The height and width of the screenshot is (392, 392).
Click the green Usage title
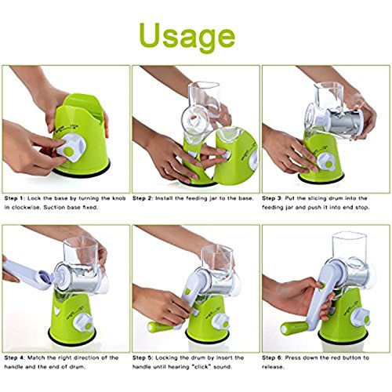(187, 37)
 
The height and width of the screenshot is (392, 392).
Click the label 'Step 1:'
(14, 198)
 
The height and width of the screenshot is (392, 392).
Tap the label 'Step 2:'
(143, 198)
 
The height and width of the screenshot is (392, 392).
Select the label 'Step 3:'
(272, 198)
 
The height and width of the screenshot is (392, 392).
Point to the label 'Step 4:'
(14, 358)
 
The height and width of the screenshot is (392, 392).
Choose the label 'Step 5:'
(143, 358)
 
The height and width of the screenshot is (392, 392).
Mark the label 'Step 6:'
(272, 358)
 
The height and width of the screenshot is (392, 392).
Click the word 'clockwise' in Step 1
(26, 208)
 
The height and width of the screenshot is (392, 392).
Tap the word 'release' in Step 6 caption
(273, 367)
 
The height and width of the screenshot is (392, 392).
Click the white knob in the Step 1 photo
(71, 147)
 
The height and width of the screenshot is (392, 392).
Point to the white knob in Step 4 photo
(83, 322)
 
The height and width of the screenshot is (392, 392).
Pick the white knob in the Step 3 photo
(327, 162)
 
